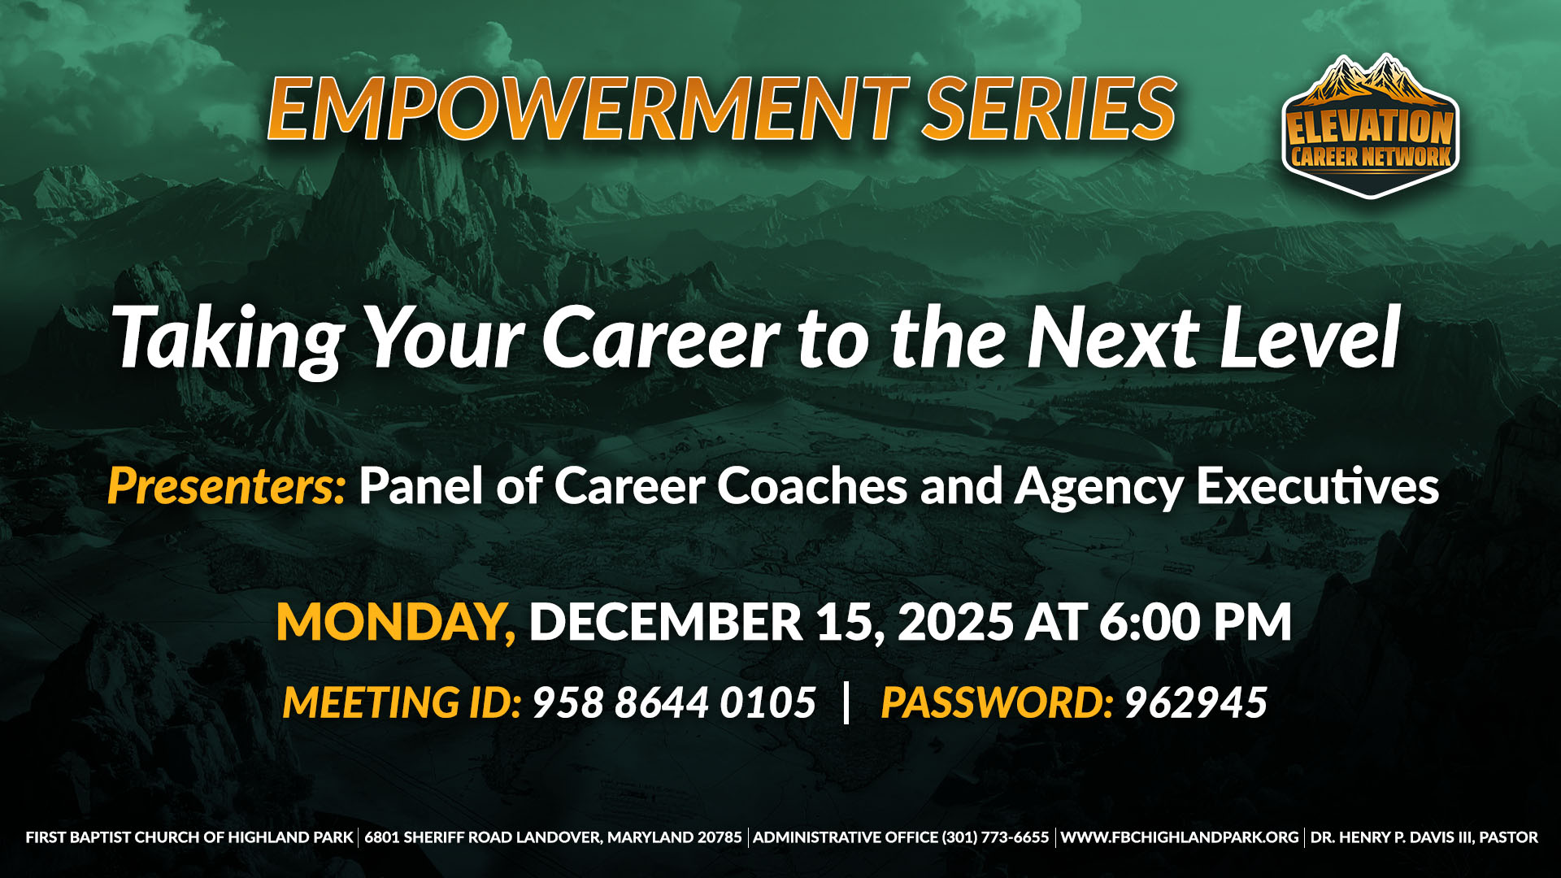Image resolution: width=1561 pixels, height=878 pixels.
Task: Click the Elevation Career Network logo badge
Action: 1371,127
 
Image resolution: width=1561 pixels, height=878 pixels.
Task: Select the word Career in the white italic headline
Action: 660,337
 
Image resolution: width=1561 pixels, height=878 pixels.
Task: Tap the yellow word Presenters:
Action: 227,486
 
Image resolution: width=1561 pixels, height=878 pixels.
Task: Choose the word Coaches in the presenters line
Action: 811,486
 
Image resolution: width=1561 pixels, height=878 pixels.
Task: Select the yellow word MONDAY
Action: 396,622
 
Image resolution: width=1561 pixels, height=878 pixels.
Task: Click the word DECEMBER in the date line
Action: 666,622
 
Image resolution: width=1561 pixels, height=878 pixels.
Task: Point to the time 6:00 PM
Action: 1195,622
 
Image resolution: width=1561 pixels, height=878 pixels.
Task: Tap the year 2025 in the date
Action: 955,622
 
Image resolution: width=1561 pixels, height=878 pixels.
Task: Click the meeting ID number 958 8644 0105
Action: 674,702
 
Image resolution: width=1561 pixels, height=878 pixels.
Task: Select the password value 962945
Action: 1195,702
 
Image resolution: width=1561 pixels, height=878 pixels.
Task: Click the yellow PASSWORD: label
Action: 997,702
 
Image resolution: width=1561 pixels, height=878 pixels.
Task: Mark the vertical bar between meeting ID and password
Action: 847,702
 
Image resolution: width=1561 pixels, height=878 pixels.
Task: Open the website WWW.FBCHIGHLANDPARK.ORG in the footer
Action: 1180,837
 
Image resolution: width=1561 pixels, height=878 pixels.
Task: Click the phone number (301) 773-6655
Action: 995,837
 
